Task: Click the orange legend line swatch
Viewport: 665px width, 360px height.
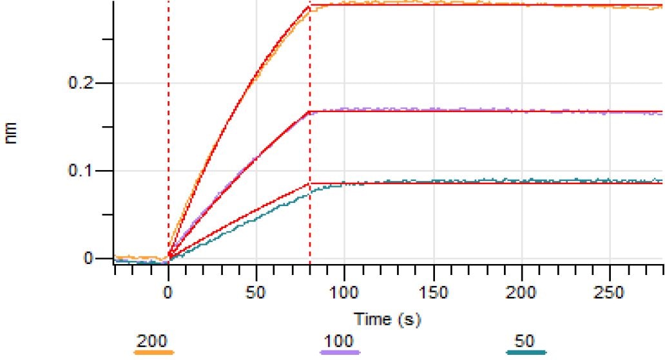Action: tap(153, 352)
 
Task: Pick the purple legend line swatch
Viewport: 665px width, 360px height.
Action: tap(340, 352)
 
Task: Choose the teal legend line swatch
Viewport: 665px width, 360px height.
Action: tap(526, 352)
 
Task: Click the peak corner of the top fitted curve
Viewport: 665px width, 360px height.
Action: tap(310, 6)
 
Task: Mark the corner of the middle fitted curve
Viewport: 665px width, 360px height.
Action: tap(310, 111)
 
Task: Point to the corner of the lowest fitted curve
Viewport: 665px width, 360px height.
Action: tap(310, 184)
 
